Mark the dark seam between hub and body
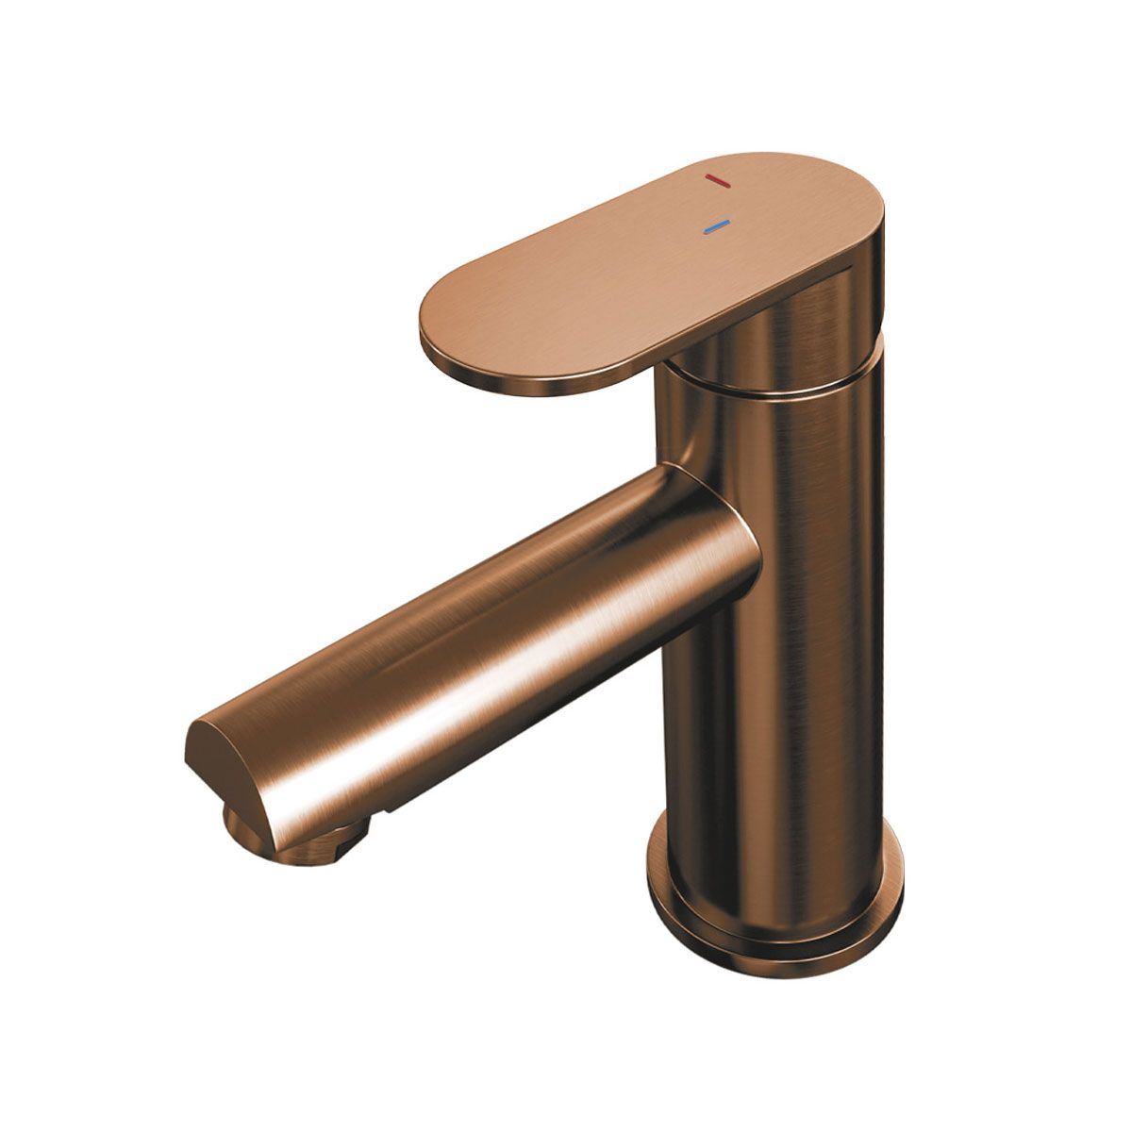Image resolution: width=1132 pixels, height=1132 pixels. tap(774, 385)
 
